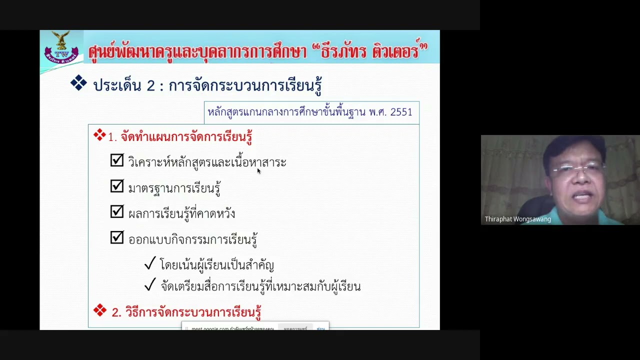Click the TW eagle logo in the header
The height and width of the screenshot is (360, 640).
pos(61,48)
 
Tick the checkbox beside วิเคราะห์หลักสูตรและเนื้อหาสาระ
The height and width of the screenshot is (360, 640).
pos(117,160)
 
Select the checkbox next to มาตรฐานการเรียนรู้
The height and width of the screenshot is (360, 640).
pos(117,186)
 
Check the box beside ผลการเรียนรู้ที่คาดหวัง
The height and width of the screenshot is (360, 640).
pos(117,212)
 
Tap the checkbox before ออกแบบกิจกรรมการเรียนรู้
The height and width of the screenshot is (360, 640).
pos(117,237)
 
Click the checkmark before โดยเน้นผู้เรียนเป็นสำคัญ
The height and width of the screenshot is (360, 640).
pos(150,263)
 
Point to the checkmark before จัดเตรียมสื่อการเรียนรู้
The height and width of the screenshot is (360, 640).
pos(150,285)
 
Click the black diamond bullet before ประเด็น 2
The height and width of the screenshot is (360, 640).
pos(78,83)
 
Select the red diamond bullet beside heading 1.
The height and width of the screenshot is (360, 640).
pos(99,135)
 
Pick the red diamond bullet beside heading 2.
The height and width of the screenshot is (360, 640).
pos(100,310)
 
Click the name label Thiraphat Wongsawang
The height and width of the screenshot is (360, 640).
pos(517,219)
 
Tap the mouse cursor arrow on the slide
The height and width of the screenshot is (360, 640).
pos(258,171)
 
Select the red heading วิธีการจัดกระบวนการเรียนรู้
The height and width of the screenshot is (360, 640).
pos(193,312)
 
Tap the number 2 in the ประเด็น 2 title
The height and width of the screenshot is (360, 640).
pos(151,86)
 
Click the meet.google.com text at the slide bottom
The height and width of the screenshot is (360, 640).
pos(210,329)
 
